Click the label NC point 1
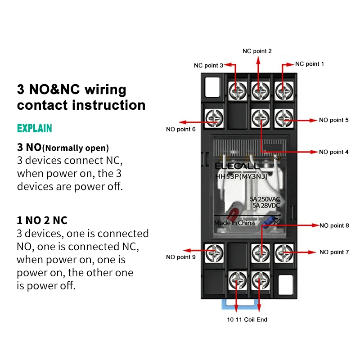310,64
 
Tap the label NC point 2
257,51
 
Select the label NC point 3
208,65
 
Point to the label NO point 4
333,152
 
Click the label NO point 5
333,120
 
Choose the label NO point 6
181,130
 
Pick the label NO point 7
334,252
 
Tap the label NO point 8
334,225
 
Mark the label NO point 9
181,257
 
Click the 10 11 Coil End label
247,319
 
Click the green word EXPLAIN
35,128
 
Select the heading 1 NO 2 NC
42,220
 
